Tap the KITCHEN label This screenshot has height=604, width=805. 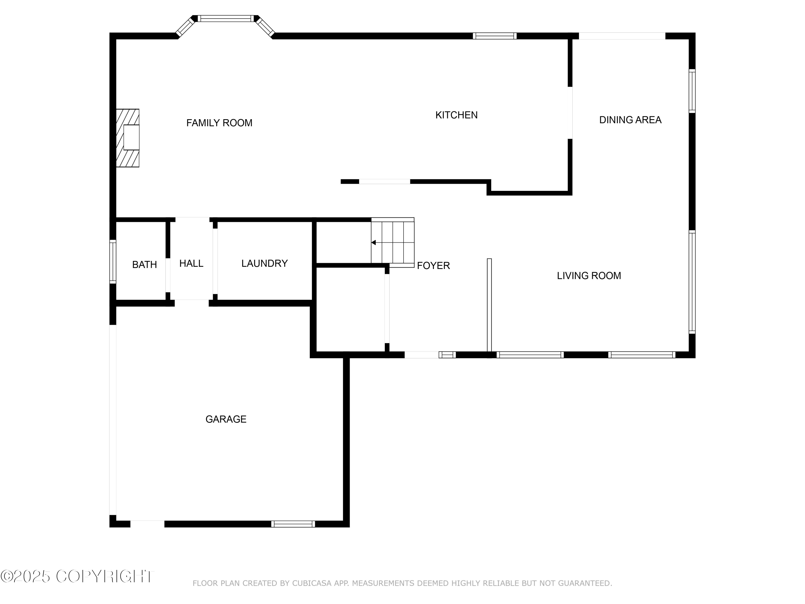[x=456, y=115]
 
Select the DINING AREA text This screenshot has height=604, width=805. [x=630, y=120]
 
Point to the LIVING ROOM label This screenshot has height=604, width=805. [x=589, y=276]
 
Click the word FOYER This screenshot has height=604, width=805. [x=433, y=266]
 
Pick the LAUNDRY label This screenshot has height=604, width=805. [x=265, y=263]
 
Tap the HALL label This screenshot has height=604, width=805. [x=191, y=263]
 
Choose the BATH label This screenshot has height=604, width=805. [x=144, y=265]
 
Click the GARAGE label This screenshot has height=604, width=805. [x=226, y=419]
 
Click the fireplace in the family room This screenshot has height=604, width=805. [x=127, y=138]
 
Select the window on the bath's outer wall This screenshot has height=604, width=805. [x=113, y=261]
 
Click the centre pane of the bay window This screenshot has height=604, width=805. [x=226, y=18]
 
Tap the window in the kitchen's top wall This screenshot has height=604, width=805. [x=495, y=36]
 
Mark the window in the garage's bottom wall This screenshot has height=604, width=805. [x=293, y=524]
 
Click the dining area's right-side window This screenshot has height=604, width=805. [x=692, y=91]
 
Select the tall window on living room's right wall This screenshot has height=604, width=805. [x=692, y=282]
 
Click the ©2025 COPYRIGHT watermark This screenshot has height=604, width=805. [x=77, y=576]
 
